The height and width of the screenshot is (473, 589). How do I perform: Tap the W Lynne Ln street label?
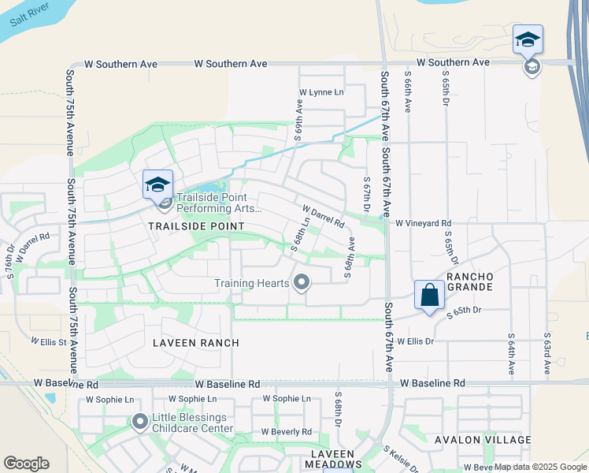click(321, 92)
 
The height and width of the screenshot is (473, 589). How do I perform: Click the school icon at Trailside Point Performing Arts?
click(157, 185)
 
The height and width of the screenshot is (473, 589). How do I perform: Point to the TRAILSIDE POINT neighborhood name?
click(196, 226)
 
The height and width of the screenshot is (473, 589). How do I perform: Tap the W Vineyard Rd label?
click(423, 224)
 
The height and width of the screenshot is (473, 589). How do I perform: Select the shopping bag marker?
click(429, 295)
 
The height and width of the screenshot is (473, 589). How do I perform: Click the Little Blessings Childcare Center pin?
click(140, 423)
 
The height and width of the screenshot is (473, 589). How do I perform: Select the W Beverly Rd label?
click(287, 432)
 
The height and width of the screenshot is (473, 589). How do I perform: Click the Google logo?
click(26, 463)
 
